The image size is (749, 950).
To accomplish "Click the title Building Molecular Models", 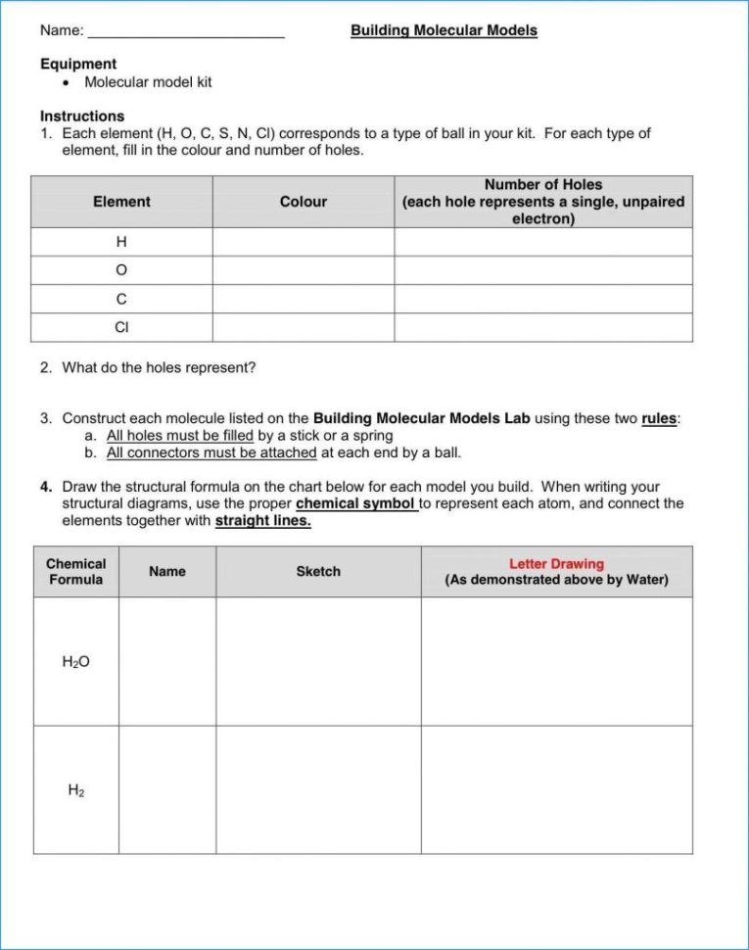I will tap(444, 30).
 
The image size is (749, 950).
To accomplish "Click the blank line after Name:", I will tap(186, 31).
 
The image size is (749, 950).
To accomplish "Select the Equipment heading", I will tap(78, 64).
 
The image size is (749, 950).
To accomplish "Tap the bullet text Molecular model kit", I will tap(148, 82).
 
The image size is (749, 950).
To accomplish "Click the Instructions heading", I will tap(82, 116).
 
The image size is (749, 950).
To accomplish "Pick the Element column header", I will tap(121, 202).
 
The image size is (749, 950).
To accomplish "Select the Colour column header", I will tap(304, 202).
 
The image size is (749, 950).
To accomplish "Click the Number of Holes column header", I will tap(543, 185).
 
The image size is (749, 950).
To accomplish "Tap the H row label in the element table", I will tap(121, 242).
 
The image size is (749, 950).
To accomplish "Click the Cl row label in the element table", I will tap(121, 327).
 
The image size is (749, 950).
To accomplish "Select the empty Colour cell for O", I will tap(304, 270).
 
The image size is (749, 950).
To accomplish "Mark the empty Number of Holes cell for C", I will tap(543, 299).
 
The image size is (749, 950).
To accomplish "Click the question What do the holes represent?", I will tap(159, 368).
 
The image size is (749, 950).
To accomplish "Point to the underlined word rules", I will tap(659, 418).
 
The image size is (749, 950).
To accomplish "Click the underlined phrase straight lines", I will tap(262, 521).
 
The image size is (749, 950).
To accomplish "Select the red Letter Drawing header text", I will tap(556, 564).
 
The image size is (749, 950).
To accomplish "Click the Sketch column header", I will tap(318, 572).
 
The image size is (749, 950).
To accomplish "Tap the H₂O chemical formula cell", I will tap(76, 662).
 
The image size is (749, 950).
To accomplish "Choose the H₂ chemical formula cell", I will tap(76, 789).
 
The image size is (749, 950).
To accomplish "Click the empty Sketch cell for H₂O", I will tap(318, 662).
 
